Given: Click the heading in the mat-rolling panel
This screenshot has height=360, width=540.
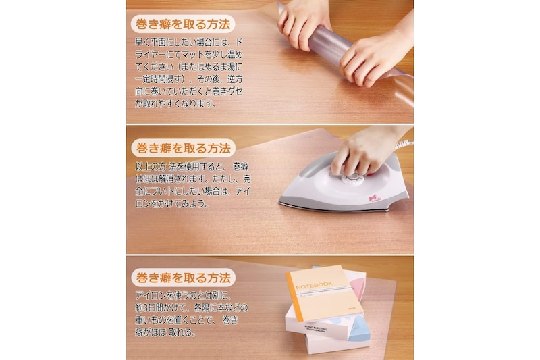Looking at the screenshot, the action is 182,24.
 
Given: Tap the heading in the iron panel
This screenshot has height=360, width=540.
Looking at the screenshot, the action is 183,148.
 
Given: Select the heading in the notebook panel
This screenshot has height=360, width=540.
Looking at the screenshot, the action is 183,278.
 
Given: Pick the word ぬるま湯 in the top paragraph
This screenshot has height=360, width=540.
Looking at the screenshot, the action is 216,67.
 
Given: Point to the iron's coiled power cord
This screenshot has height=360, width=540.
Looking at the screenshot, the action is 407,144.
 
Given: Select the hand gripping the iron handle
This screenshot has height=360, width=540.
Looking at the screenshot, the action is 362,151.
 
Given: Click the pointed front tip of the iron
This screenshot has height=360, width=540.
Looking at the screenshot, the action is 280,202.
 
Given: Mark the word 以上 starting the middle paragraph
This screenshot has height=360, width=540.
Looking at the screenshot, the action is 143,167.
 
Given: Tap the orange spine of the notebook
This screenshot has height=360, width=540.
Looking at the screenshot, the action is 294,297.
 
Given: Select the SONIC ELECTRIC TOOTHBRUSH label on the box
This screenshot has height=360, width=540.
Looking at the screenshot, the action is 316,329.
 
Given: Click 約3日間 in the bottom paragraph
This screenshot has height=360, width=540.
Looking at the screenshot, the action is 152,307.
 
